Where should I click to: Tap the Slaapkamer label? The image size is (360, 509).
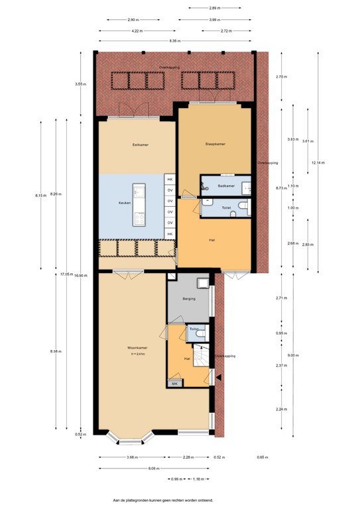(x=213, y=143)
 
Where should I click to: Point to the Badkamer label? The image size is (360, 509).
(x=227, y=186)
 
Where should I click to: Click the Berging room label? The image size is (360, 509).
(x=188, y=300)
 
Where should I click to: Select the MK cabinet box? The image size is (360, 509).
(x=175, y=384)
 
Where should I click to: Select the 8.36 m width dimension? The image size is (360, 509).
(x=174, y=41)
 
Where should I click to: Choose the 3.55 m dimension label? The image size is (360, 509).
(x=80, y=84)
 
